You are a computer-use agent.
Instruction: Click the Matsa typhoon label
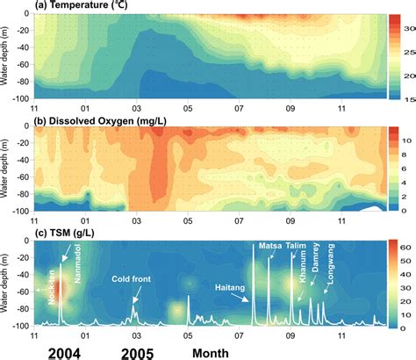(268, 247)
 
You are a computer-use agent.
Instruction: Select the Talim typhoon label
(296, 247)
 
